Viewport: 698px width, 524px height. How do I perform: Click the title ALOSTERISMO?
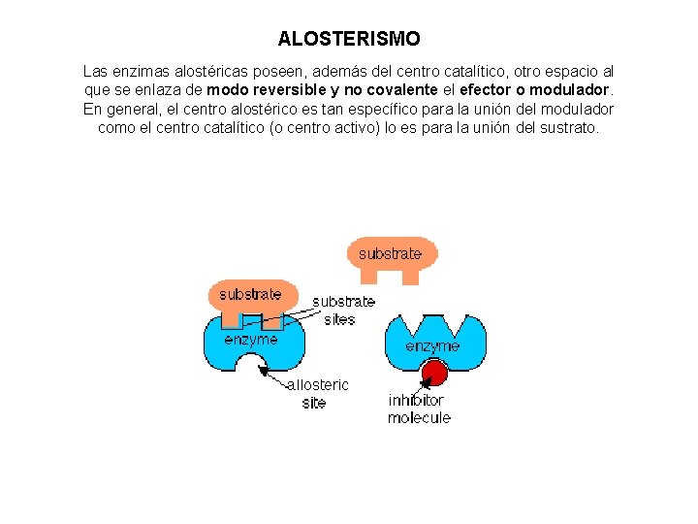349,40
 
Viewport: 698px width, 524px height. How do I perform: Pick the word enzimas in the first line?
143,72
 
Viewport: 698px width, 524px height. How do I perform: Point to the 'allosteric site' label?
317,394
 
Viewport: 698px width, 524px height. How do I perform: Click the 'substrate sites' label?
343,311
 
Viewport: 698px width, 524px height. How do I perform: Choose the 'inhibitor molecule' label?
419,409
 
